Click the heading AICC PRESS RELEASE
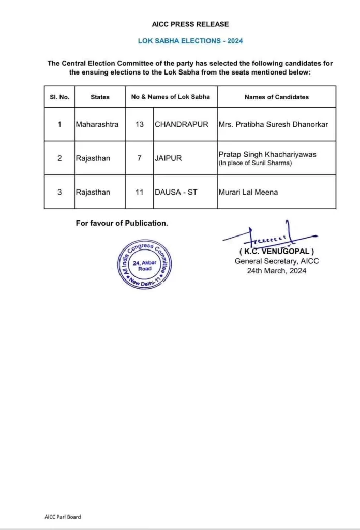pos(190,24)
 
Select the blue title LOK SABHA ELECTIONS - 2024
pos(190,41)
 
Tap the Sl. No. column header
pos(59,97)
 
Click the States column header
pos(100,97)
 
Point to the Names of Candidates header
pos(276,97)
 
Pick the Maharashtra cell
pos(97,124)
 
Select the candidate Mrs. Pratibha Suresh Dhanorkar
pos(274,124)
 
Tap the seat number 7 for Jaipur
pos(139,158)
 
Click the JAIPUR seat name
pos(168,158)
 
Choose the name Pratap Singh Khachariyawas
pos(267,154)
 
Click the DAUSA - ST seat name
pos(176,192)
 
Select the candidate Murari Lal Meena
pos(248,192)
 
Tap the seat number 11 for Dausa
pos(139,192)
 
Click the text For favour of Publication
pos(122,223)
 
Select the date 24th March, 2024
pos(276,270)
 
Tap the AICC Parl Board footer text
pos(63,517)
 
